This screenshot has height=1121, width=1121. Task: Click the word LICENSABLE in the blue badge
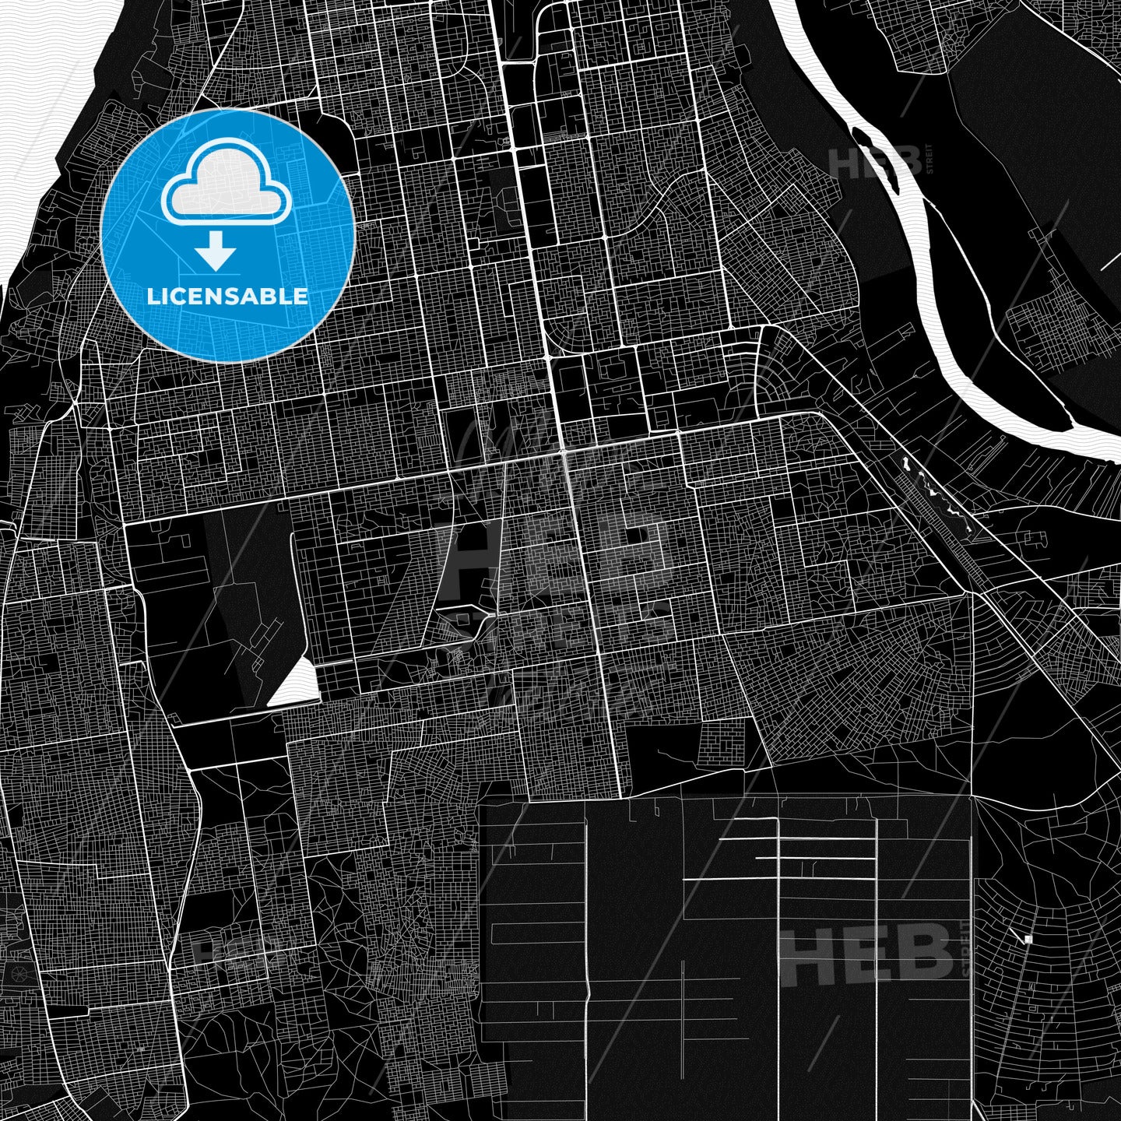(x=227, y=297)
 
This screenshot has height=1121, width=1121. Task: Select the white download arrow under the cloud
(x=216, y=251)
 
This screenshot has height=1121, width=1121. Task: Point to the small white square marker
(x=1028, y=940)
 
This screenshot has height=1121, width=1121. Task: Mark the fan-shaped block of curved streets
(x=778, y=374)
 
